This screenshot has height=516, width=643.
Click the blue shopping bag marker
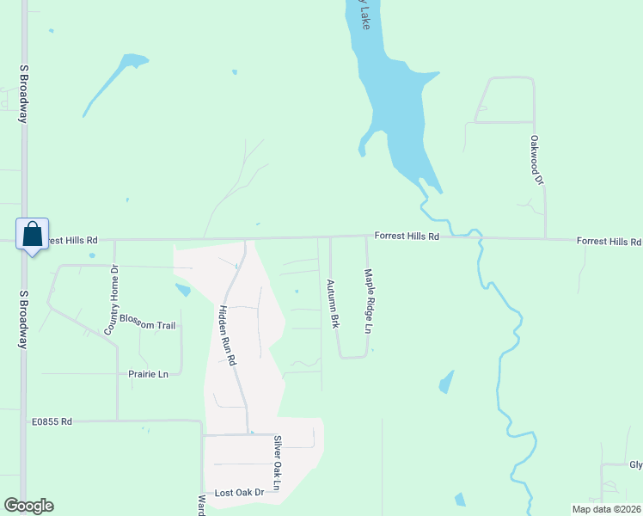pyautogui.click(x=32, y=234)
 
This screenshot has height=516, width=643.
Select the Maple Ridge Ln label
pyautogui.click(x=368, y=301)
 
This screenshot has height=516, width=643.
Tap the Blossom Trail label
pyautogui.click(x=147, y=324)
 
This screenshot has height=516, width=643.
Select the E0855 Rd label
pyautogui.click(x=52, y=421)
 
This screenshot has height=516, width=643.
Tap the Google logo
pyautogui.click(x=28, y=506)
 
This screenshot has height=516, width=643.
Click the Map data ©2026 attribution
pyautogui.click(x=606, y=509)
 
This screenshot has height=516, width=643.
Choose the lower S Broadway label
pyautogui.click(x=23, y=318)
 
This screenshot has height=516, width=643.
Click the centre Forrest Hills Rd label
pyautogui.click(x=407, y=236)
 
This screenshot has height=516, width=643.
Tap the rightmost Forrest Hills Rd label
pyautogui.click(x=609, y=242)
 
